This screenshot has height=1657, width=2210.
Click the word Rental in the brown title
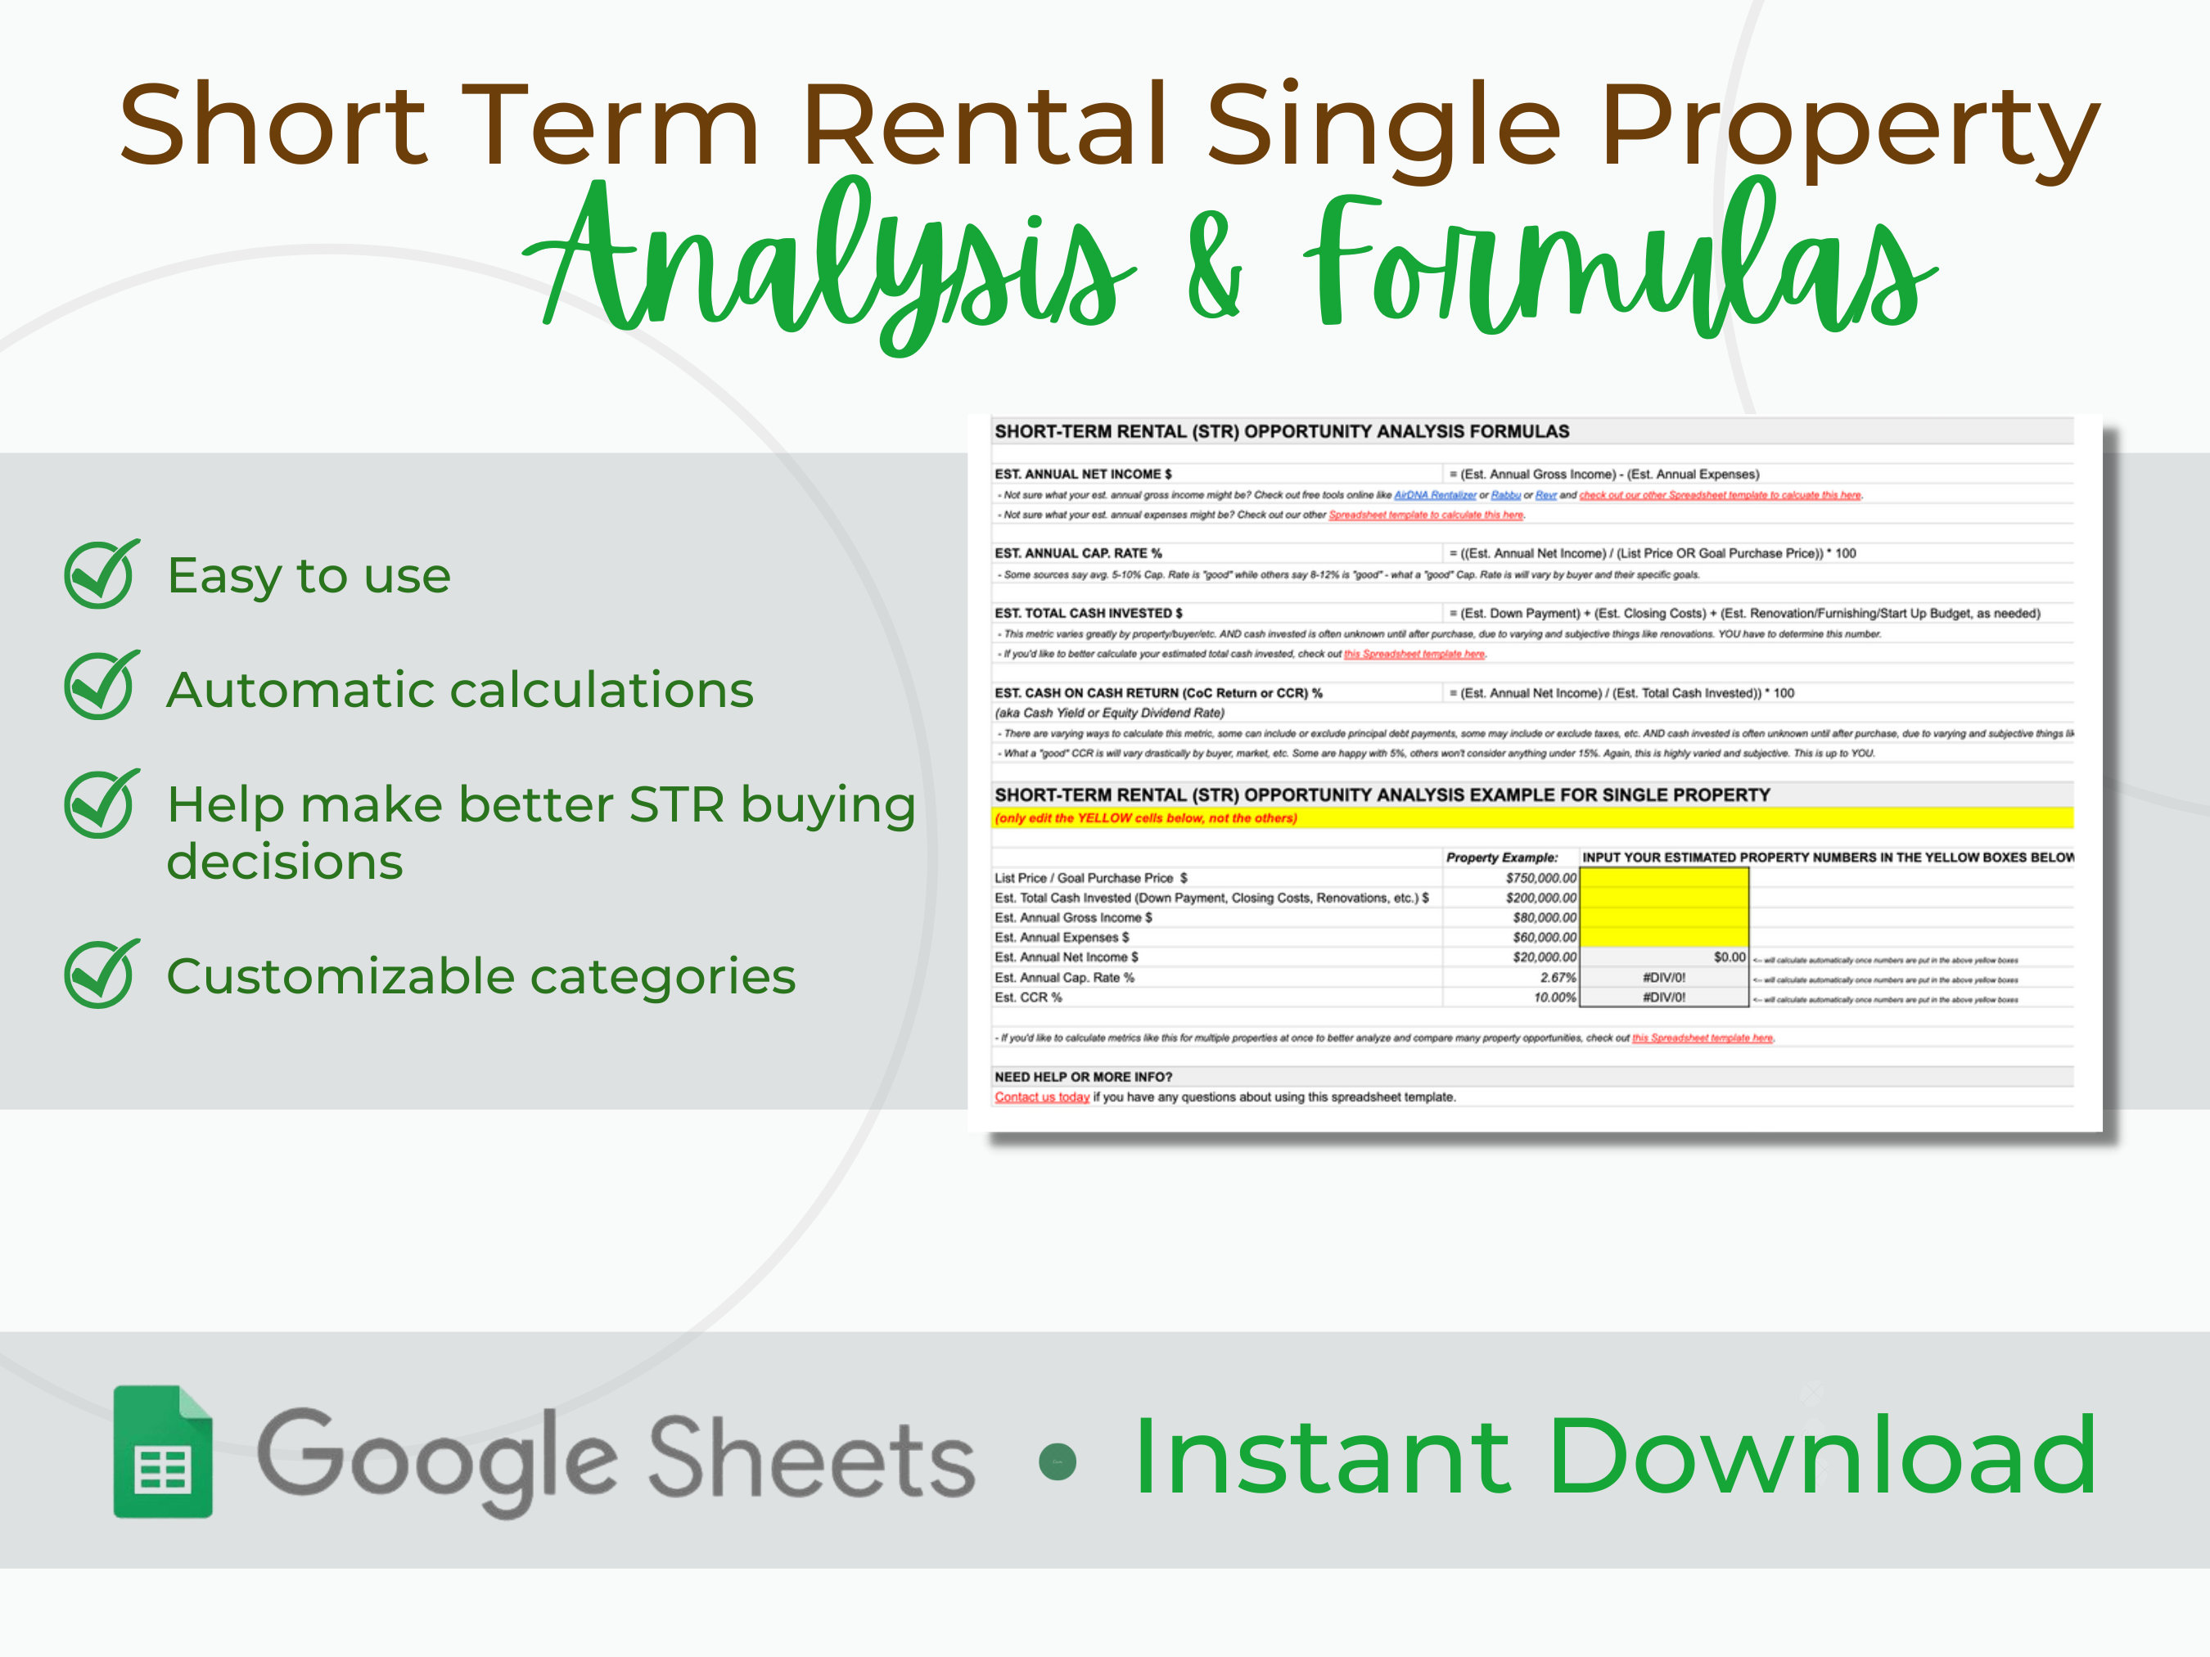(984, 126)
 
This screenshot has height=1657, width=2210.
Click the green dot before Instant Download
(1057, 1462)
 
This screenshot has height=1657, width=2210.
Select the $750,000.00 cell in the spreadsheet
(1540, 878)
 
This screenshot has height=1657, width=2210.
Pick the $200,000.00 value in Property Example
(1540, 898)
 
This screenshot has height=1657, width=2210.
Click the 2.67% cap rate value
(1557, 978)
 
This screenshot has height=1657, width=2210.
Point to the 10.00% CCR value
(1554, 997)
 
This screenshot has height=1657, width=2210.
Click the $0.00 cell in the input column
(1729, 957)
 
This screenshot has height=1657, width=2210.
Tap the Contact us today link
(1041, 1097)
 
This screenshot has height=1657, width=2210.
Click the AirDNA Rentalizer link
(1434, 495)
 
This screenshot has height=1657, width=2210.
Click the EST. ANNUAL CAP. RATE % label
(1077, 553)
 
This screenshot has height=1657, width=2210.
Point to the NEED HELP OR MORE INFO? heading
(1082, 1077)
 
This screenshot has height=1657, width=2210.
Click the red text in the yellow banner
(1145, 818)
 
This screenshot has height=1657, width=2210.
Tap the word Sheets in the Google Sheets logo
(810, 1461)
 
